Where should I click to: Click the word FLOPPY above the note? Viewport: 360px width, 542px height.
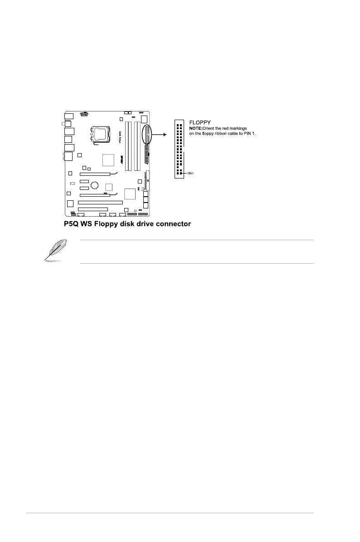pos(199,122)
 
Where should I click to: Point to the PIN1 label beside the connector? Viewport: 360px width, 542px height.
pos(191,173)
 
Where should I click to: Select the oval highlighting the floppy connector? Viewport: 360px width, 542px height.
pos(147,134)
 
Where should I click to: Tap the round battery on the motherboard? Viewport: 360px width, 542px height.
pos(95,184)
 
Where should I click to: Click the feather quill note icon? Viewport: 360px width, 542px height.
pos(54,252)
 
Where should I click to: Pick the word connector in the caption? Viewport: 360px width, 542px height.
pos(172,223)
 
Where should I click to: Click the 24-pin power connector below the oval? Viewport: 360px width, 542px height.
pos(146,155)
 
